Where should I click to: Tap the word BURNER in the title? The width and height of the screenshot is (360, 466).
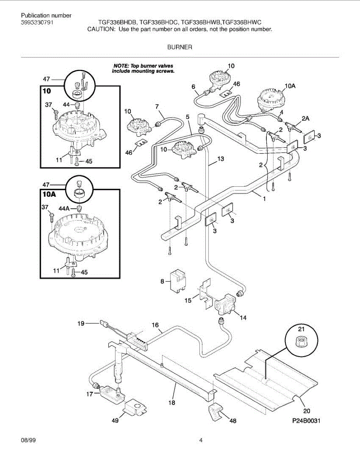(180, 47)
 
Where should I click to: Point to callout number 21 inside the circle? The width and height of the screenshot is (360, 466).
(301, 329)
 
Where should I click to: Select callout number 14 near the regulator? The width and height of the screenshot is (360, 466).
(243, 318)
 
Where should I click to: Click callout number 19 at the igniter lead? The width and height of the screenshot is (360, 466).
(81, 322)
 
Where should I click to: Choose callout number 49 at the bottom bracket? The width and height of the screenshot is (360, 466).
(115, 420)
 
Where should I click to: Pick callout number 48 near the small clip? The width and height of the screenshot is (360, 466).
(232, 420)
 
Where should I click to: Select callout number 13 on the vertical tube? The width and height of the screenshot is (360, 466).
(221, 158)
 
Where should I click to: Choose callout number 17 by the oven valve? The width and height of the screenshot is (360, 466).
(89, 394)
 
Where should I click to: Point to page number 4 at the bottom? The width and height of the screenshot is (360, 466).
(201, 441)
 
